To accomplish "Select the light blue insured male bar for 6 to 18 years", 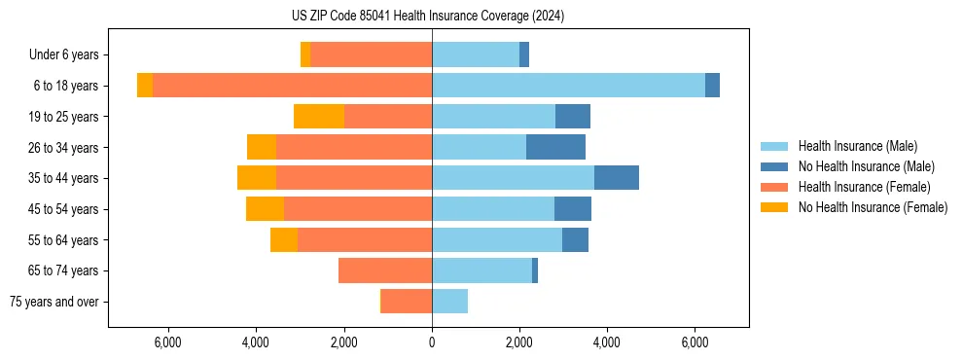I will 568,86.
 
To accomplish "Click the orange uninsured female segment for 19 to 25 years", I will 319,117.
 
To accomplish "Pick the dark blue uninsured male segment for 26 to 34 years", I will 555,147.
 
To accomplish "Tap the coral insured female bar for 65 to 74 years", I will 385,270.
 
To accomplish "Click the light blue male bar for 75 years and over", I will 449,302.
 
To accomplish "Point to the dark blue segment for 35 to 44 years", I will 617,178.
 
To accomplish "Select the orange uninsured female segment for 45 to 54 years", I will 265,209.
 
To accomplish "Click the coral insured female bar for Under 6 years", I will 371,55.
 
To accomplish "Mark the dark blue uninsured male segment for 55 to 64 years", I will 575,239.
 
